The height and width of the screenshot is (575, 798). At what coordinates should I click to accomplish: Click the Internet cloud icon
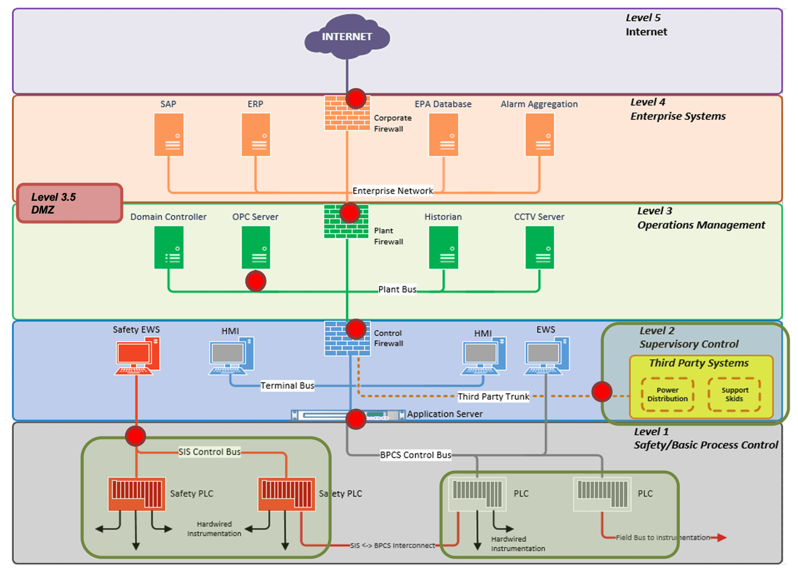pos(347,37)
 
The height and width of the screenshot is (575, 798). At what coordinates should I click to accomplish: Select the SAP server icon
pos(169,135)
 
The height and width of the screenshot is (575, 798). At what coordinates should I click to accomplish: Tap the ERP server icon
pos(256,135)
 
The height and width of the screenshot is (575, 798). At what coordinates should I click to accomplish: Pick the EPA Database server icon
pos(444,135)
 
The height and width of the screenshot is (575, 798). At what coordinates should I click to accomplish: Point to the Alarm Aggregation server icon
pos(540,135)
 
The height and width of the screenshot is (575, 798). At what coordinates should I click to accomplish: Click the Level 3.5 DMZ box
pos(70,203)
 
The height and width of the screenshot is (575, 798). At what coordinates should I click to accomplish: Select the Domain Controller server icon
pos(169,248)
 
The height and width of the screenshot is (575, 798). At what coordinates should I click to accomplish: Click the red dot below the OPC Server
pos(256,281)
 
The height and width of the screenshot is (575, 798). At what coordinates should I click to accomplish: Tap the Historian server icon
pos(444,248)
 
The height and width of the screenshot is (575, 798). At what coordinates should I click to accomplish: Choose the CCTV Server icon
pos(540,248)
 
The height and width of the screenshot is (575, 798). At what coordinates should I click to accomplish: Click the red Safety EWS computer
pos(137,356)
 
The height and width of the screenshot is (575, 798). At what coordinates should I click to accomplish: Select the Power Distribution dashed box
pos(668,395)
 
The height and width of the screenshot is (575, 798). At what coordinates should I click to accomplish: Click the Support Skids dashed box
pos(734,395)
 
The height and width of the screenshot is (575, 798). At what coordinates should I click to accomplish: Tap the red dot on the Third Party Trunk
pos(602,392)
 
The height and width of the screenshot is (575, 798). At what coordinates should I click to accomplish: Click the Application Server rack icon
pos(348,415)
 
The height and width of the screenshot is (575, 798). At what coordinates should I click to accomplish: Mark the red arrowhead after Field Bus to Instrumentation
pos(722,538)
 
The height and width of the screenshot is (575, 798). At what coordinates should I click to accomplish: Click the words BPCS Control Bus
pos(415,455)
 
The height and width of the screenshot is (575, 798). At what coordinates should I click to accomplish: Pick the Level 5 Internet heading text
pos(646,25)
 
